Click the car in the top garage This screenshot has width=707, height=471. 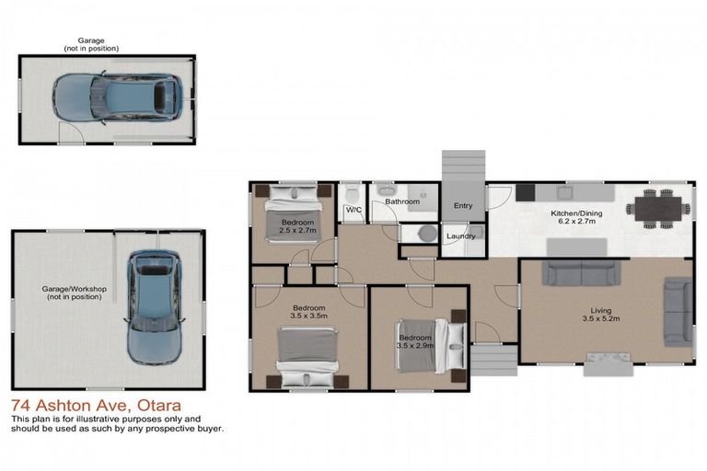point(116,95)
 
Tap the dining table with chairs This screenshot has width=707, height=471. point(659,208)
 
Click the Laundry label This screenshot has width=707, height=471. point(460,236)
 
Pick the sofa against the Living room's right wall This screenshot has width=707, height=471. point(678,313)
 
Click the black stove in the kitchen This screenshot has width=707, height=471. point(525,192)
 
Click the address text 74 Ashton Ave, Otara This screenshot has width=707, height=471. point(96,406)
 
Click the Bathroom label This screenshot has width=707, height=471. point(402,201)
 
